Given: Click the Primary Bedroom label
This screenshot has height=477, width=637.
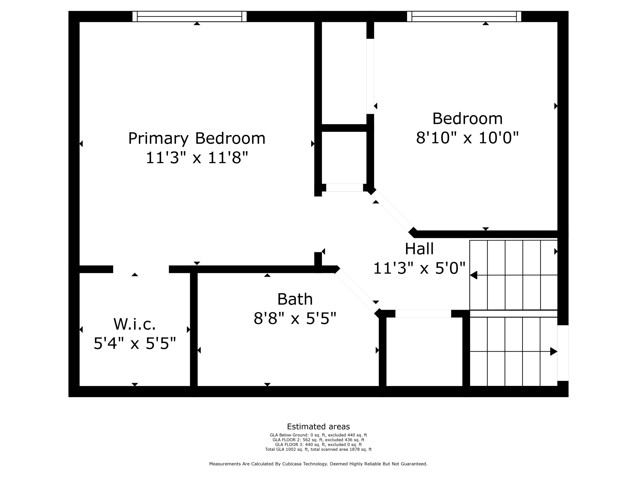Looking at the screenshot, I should pyautogui.click(x=197, y=139).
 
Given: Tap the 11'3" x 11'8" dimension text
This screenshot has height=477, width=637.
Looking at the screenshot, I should pyautogui.click(x=197, y=158).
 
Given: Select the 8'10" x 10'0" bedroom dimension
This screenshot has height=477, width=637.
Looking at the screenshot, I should pyautogui.click(x=467, y=138).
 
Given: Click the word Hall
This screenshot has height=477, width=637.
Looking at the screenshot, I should pyautogui.click(x=419, y=249).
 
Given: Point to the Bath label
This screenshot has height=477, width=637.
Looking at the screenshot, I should pyautogui.click(x=295, y=299).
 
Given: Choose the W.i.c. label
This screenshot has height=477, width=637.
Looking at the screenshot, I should pyautogui.click(x=135, y=324).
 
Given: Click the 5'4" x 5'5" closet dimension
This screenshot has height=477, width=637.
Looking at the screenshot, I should pyautogui.click(x=135, y=343).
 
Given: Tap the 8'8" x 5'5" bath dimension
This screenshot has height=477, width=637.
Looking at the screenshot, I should pyautogui.click(x=295, y=319).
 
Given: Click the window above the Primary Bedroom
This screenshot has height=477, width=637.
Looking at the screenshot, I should pyautogui.click(x=190, y=17).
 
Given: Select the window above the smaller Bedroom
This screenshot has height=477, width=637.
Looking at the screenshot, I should pyautogui.click(x=464, y=17).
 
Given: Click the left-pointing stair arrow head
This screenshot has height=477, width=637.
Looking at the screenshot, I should pyautogui.click(x=473, y=275).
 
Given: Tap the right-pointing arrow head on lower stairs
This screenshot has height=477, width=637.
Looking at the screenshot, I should pyautogui.click(x=553, y=352).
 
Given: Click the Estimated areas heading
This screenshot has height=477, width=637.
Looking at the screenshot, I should pyautogui.click(x=318, y=427).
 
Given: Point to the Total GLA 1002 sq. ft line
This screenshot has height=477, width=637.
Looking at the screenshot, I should pyautogui.click(x=318, y=449).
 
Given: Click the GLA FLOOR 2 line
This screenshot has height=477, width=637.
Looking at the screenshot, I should pyautogui.click(x=318, y=440).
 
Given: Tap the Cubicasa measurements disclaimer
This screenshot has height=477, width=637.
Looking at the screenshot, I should pyautogui.click(x=318, y=464).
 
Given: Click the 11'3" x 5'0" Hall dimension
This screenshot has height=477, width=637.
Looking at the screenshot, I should pyautogui.click(x=419, y=268).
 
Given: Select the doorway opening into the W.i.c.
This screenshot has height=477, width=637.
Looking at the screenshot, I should pyautogui.click(x=141, y=269).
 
